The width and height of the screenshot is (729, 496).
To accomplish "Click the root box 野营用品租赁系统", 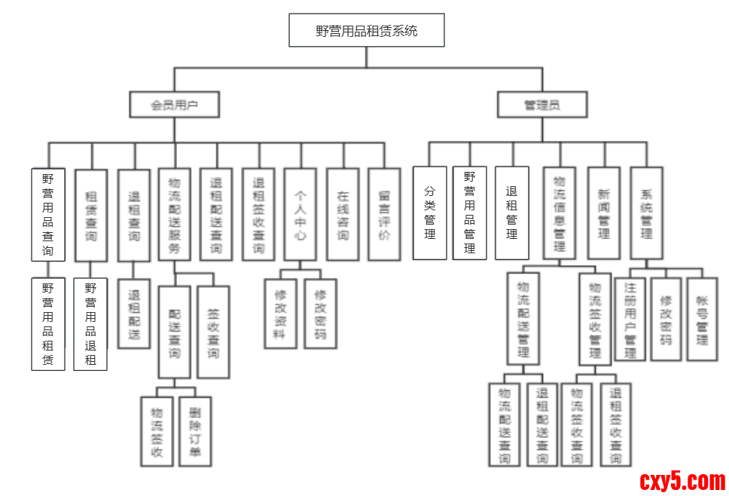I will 367,31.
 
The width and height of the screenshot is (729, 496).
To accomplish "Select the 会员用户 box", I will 174,105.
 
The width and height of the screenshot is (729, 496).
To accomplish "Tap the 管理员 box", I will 541,105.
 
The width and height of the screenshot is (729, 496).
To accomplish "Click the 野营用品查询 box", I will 47,213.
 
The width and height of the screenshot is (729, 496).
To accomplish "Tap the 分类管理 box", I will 430,213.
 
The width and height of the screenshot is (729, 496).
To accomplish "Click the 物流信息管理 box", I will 560,213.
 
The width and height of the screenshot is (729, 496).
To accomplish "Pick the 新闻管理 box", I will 604,213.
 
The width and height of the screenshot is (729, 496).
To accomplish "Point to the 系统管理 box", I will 646,213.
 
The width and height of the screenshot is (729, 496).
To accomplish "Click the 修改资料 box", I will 280,314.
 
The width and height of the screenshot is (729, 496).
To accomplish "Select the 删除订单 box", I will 195,431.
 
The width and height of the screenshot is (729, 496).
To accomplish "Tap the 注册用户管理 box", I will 630,319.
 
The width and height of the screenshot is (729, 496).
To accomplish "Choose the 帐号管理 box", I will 702,319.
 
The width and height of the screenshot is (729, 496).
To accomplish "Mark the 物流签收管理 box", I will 595,319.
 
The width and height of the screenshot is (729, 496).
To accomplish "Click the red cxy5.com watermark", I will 682,480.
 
